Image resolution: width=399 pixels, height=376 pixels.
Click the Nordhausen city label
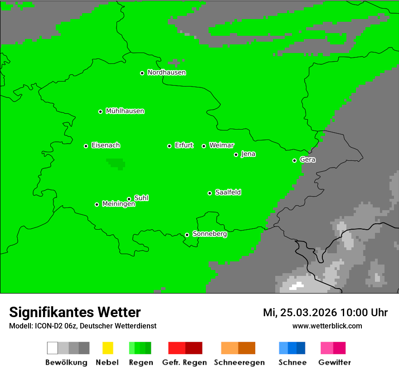coord(166,72)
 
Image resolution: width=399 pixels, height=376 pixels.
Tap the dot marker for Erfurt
coord(169,146)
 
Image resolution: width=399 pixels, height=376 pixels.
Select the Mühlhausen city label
coord(125,111)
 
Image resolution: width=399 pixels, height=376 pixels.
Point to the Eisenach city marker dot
coord(86,146)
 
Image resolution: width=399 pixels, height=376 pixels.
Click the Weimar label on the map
coord(221,145)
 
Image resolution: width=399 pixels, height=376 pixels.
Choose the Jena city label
coord(248,154)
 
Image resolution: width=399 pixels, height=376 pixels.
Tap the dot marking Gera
coord(294,160)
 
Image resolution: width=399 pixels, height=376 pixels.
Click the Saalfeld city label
coord(228,193)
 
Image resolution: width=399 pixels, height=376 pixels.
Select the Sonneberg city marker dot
coord(187,235)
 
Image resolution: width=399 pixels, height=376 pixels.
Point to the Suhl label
coord(141,198)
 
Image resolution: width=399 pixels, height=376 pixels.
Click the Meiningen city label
coord(118,204)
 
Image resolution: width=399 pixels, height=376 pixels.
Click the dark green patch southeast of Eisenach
coord(116,163)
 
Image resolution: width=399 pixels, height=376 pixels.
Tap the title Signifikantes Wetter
coord(75,313)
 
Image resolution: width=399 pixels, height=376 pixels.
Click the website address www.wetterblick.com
coord(327,326)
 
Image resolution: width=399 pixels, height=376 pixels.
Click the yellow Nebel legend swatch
coord(107,348)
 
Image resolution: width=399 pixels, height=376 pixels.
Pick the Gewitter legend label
coord(334,362)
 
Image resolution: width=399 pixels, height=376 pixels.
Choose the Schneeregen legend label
coord(239,362)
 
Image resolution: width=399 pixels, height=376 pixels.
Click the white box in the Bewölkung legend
coord(53,348)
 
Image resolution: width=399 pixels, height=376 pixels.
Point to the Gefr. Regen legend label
coord(185,362)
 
